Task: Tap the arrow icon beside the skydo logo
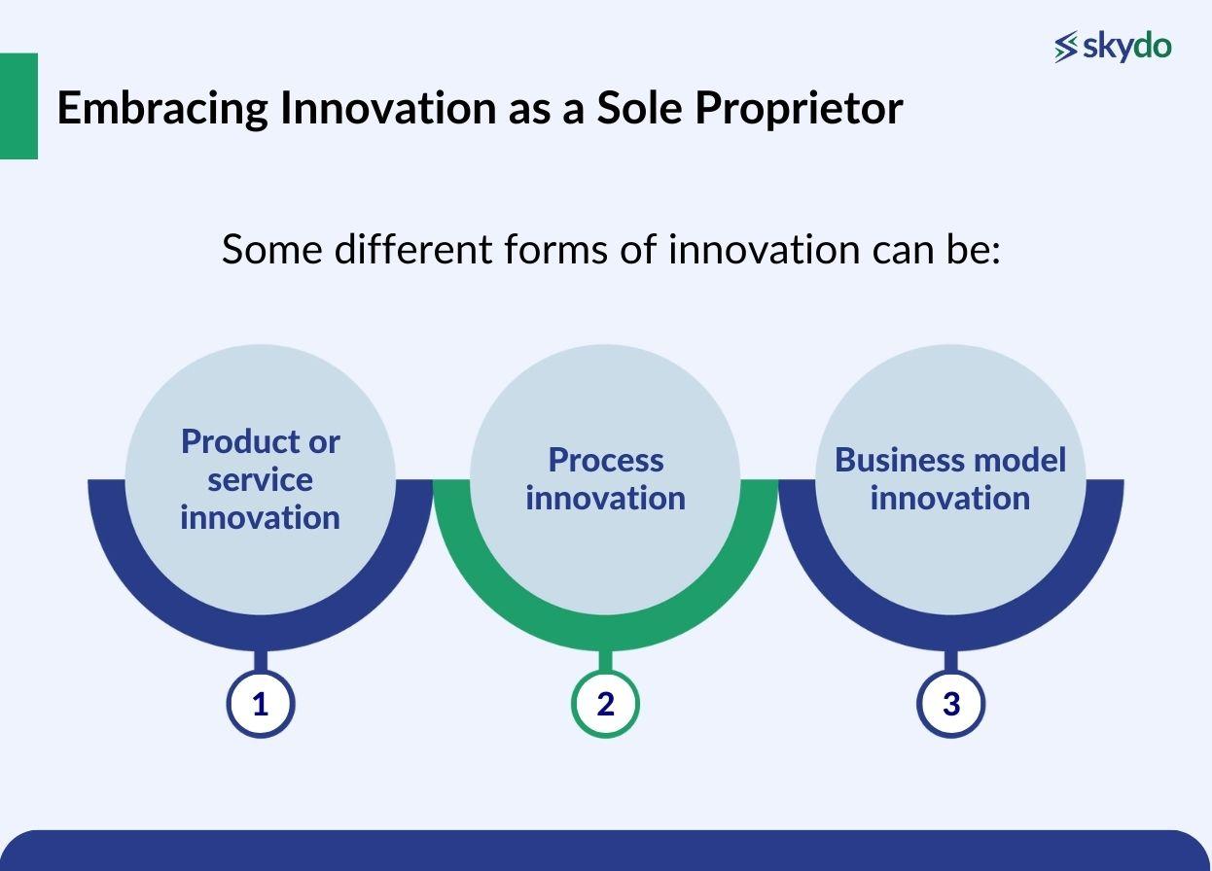pos(1066,47)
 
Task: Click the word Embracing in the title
pos(161,108)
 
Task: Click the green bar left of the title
pos(18,106)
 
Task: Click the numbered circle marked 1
pos(260,704)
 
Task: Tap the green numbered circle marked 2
pos(605,704)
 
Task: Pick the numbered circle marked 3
pos(950,704)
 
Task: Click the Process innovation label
pos(605,478)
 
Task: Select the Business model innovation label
pos(950,478)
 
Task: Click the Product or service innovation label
pos(260,478)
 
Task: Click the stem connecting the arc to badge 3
pos(950,661)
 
